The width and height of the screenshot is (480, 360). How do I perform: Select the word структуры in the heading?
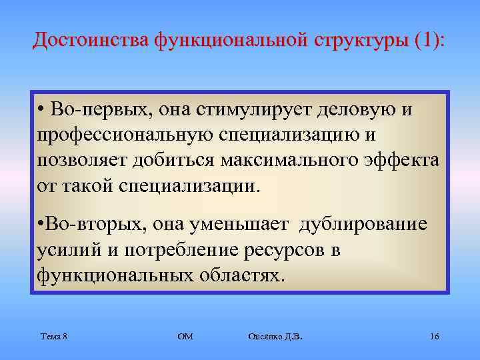click(x=357, y=40)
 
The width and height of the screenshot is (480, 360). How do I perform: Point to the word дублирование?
click(x=363, y=225)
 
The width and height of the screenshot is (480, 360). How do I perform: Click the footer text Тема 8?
click(x=53, y=337)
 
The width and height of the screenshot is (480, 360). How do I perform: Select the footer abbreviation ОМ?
click(x=185, y=337)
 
